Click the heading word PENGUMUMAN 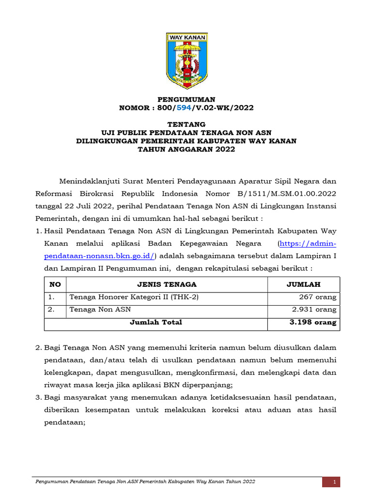(186, 99)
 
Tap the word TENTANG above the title (186, 124)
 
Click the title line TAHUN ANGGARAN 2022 (186, 149)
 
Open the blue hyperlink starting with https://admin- (307, 243)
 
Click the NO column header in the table (55, 284)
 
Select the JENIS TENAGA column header (167, 284)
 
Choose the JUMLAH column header (303, 284)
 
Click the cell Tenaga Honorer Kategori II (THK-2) (134, 297)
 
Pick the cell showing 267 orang (318, 297)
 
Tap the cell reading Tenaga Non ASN (100, 310)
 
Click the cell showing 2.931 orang (314, 310)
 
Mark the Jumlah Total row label (156, 322)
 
